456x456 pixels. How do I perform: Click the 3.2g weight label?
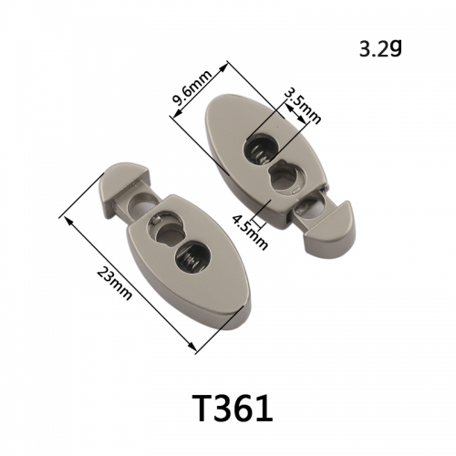(x=380, y=48)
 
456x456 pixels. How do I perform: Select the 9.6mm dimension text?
(x=191, y=88)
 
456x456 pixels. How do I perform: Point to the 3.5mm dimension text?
(x=303, y=107)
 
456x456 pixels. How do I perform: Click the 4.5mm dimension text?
(x=250, y=232)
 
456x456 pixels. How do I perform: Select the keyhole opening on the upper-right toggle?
(x=285, y=177)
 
